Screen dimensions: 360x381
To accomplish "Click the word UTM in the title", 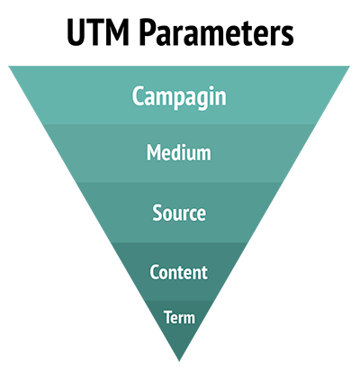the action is pyautogui.click(x=98, y=32).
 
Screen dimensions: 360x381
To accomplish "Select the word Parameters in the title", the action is pyautogui.click(x=217, y=32).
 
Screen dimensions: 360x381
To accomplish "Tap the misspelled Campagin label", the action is pyautogui.click(x=179, y=96).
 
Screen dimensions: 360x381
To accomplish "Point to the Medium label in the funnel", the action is pyautogui.click(x=179, y=152).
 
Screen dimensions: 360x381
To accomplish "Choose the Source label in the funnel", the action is pyautogui.click(x=179, y=213).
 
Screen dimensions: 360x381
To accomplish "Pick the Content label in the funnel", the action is pyautogui.click(x=178, y=272).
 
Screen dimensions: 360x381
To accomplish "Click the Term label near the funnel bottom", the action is pyautogui.click(x=179, y=317).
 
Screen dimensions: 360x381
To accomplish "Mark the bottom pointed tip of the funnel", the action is pyautogui.click(x=179, y=361).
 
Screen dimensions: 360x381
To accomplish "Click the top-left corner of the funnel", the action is pyautogui.click(x=9, y=66).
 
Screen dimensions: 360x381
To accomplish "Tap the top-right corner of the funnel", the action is pyautogui.click(x=350, y=66).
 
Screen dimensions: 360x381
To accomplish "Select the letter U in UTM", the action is pyautogui.click(x=77, y=32).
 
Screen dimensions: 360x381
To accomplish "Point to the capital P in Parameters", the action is pyautogui.click(x=149, y=32).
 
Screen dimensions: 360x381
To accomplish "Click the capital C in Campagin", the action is pyautogui.click(x=139, y=95).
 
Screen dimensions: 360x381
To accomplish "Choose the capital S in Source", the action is pyautogui.click(x=157, y=213).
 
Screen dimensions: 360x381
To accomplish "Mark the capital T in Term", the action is pyautogui.click(x=168, y=317).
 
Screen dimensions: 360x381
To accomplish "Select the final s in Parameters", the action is pyautogui.click(x=286, y=35).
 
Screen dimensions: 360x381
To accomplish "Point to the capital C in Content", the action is pyautogui.click(x=155, y=272).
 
